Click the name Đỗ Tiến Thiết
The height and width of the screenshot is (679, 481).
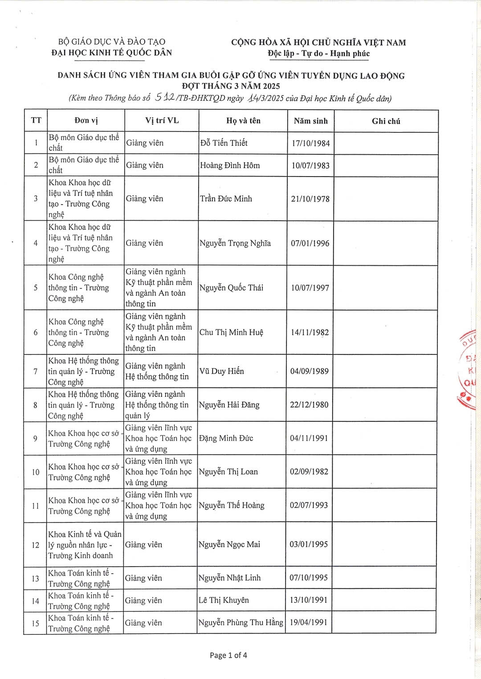pos(224,143)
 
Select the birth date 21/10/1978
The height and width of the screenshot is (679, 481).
pos(310,199)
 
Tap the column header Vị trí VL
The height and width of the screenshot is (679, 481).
pos(162,120)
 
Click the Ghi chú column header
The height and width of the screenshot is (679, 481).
pos(386,121)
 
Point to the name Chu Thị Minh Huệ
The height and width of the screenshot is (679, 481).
pos(231,332)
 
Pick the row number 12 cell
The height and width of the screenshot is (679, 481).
pos(36,545)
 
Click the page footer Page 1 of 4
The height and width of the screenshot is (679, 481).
pos(228,655)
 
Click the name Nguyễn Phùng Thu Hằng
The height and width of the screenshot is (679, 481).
pos(240,622)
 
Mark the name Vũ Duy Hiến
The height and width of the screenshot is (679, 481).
pos(221,371)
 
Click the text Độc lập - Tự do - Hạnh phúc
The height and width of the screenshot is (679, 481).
pos(318,53)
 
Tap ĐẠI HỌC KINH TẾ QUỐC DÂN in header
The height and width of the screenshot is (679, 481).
pos(111,53)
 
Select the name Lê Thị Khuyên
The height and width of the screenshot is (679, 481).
pos(224,600)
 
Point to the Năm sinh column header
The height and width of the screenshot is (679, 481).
pos(310,121)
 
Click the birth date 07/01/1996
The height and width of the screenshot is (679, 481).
pos(310,243)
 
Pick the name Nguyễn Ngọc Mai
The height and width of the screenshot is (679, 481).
pos(229,544)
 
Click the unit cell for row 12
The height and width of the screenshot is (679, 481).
pos(85,545)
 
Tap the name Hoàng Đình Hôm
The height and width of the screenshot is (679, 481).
pos(230,165)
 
